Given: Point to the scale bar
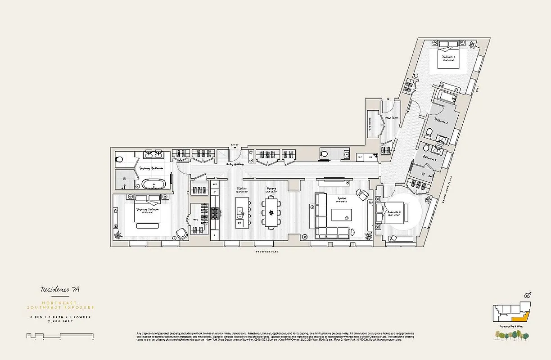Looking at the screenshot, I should pos(60,335).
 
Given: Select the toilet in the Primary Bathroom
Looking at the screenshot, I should pos(120,159).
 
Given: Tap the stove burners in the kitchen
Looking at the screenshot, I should pos(215,212).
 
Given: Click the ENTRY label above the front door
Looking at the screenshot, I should pos(234,145).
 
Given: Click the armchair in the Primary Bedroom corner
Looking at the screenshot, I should pos(182,233).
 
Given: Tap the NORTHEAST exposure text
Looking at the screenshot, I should pos(60,303).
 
